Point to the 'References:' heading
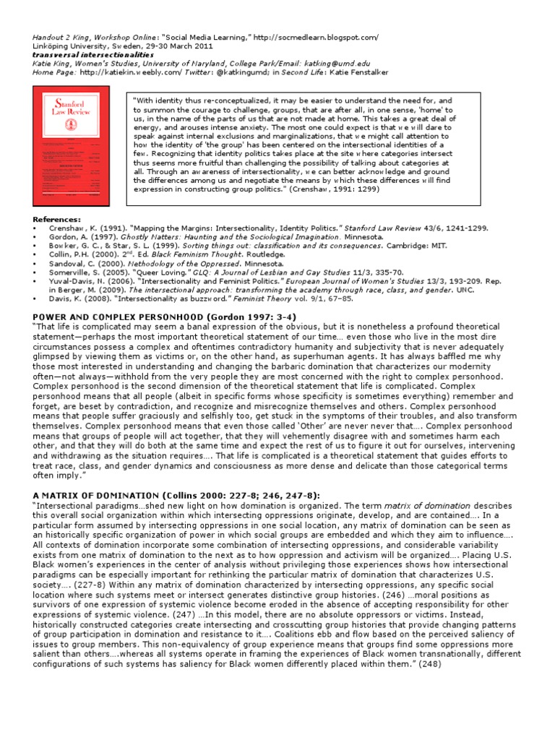coord(57,219)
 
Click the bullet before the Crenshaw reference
coord(35,228)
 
